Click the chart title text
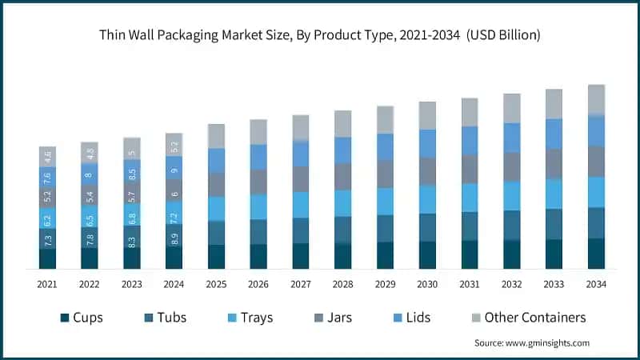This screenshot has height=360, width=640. coord(319,35)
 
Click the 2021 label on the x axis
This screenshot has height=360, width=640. coord(47,284)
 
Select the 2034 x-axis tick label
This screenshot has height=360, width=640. coord(596,284)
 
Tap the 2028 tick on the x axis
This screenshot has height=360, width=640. coord(342,284)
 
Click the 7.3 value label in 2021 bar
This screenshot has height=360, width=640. coord(47,238)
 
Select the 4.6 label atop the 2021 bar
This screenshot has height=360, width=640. coord(47,156)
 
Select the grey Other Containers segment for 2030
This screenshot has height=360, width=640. coord(427,115)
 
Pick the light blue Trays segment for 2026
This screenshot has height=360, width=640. coord(258,206)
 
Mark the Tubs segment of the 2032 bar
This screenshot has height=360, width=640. coord(511,225)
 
